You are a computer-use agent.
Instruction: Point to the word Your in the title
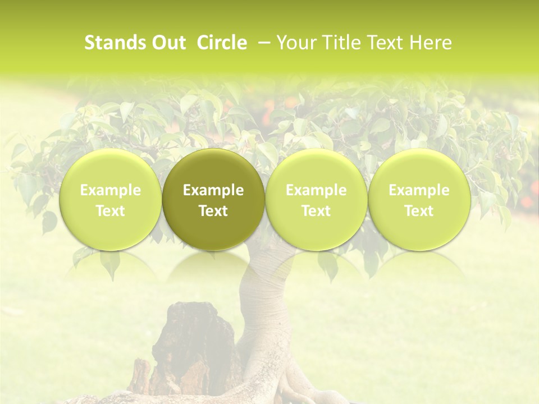point(295,43)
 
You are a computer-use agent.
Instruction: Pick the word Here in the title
point(431,43)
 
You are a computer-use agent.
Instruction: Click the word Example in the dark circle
point(213,190)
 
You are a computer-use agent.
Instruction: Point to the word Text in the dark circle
point(213,211)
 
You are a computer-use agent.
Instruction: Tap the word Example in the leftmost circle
point(111,190)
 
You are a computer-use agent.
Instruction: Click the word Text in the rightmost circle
point(419,211)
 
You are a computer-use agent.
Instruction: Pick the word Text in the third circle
point(316,211)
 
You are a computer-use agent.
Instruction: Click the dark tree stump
point(188,348)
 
